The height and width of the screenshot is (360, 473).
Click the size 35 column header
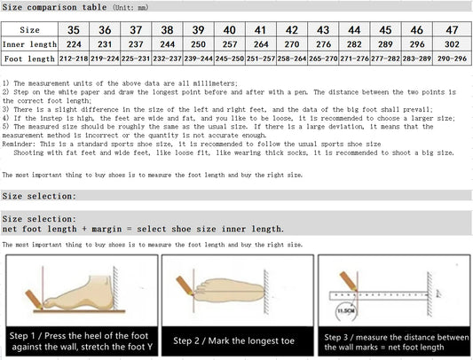[74, 28]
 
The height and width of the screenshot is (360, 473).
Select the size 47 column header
[452, 28]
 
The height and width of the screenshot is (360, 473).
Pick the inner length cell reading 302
[452, 43]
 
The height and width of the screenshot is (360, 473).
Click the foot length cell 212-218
[74, 60]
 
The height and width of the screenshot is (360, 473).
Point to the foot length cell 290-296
[452, 60]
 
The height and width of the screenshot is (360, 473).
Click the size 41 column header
[261, 28]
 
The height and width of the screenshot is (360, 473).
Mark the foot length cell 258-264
[291, 60]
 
